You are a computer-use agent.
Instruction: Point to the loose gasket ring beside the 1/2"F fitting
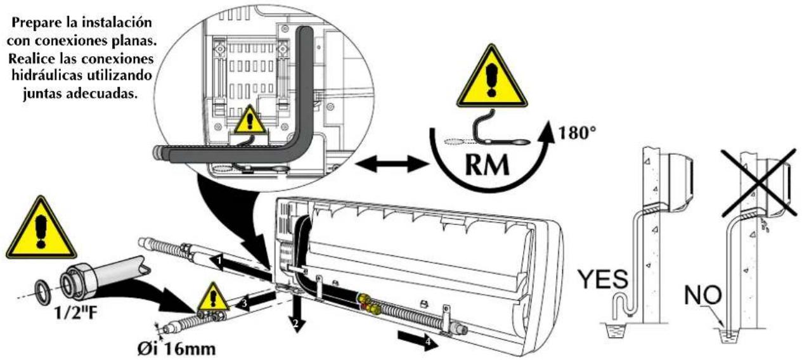[x=44, y=292]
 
